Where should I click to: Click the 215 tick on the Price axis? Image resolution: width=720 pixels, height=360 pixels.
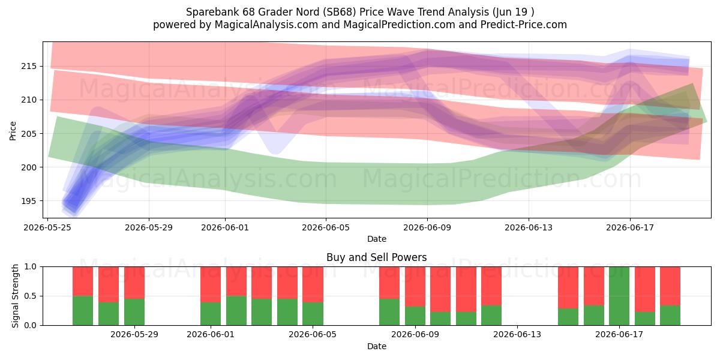click(x=29, y=66)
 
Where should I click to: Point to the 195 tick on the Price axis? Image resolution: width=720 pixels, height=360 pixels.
click(x=29, y=201)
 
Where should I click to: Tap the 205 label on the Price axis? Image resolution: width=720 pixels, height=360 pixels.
click(x=29, y=133)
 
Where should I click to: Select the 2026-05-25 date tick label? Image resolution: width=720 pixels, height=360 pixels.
click(x=47, y=227)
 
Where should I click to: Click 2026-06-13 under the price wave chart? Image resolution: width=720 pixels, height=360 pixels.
click(x=529, y=227)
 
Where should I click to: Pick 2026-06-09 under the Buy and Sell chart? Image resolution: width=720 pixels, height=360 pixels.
click(x=415, y=334)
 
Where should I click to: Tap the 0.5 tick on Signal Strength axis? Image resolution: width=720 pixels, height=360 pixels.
click(x=31, y=296)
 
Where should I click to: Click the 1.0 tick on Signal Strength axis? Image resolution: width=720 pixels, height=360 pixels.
click(x=31, y=267)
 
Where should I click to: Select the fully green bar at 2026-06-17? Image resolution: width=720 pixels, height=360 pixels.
click(x=619, y=296)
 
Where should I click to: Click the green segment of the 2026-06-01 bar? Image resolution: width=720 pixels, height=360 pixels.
click(x=211, y=314)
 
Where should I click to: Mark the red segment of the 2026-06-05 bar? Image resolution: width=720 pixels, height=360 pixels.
click(x=313, y=284)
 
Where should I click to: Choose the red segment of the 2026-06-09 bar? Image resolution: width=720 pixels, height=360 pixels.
click(x=415, y=287)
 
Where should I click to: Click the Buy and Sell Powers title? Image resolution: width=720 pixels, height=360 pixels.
click(x=376, y=257)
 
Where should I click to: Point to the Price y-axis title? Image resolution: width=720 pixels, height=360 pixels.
click(x=13, y=131)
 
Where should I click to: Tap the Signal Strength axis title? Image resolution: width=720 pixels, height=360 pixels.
click(x=15, y=296)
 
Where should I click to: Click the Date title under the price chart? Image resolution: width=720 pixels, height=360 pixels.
click(x=377, y=239)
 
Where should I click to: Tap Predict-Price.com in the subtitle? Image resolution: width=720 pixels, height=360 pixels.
click(x=524, y=25)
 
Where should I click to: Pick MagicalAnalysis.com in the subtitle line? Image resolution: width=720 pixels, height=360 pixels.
click(x=266, y=25)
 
